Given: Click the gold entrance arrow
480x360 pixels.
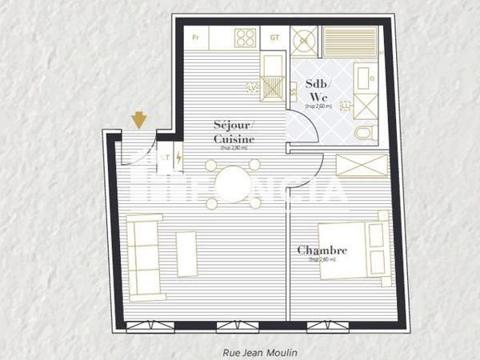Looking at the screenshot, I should [140, 120].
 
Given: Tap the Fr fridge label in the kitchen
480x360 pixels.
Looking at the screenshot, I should [196, 38].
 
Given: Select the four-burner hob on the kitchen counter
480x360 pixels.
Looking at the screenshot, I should [245, 38].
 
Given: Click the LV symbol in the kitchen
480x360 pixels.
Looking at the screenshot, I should [254, 87].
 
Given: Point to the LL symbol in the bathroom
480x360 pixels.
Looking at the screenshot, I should [346, 105].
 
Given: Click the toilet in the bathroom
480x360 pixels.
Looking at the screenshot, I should [364, 133].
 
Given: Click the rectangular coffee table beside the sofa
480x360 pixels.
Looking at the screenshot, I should [186, 254].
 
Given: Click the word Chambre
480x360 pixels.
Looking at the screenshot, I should [322, 250].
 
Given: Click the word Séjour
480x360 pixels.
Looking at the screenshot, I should [234, 126].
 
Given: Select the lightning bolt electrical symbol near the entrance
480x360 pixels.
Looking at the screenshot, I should [178, 158].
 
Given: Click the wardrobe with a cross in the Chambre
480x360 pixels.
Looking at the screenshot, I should [362, 165].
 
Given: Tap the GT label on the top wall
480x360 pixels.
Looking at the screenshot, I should [274, 38].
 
